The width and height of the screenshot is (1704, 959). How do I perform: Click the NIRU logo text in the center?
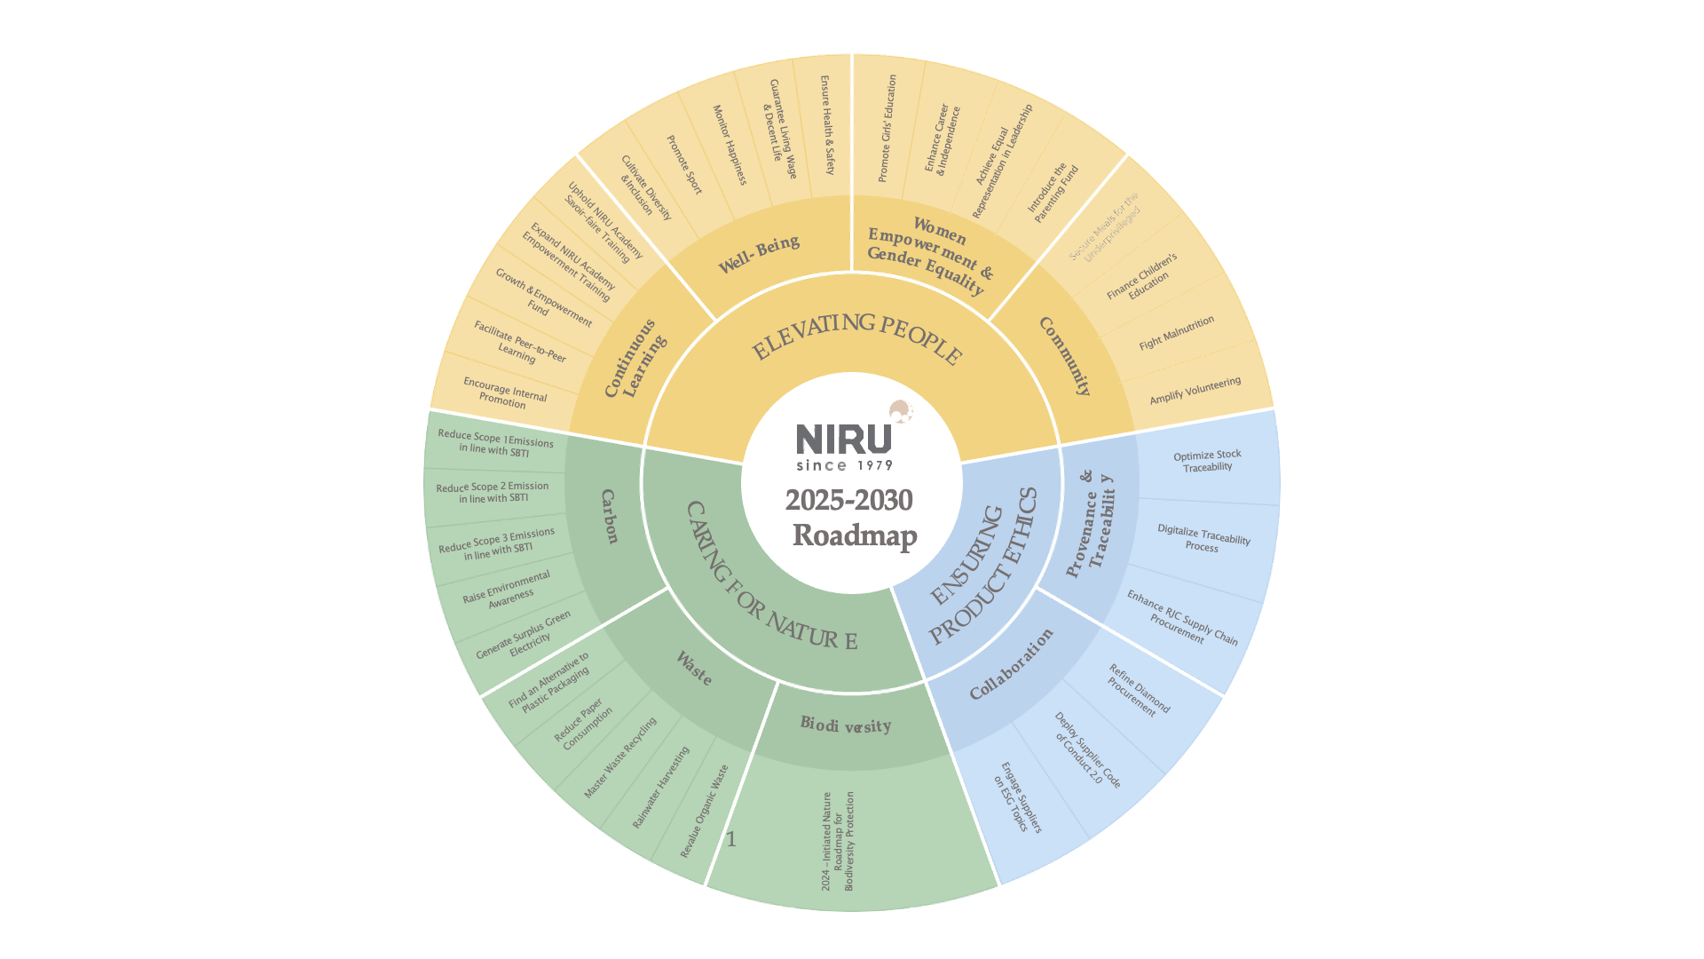coord(843,439)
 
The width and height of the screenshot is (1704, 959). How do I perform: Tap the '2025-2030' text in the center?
coord(848,501)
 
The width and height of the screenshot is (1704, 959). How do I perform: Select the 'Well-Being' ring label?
coord(759,254)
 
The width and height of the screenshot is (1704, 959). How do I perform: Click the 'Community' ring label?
coord(1065,355)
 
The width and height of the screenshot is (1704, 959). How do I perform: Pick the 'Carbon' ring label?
coord(609,516)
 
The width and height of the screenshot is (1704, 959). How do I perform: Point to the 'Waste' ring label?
coord(693,669)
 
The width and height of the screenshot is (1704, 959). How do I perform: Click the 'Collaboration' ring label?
coord(1012,664)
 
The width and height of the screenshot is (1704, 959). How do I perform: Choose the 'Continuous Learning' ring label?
coord(635,358)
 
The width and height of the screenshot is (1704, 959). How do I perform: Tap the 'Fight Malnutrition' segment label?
coord(1176,333)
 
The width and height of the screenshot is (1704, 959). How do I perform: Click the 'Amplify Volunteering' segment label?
coord(1195,391)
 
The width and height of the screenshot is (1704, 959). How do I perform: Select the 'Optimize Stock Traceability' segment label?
coord(1207,461)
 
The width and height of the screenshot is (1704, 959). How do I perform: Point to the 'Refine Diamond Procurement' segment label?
coord(1138,691)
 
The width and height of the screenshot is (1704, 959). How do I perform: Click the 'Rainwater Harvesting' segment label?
coord(660,788)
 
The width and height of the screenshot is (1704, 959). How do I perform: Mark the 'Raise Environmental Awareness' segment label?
coord(508,590)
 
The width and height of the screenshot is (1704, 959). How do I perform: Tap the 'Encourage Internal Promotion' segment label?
coord(504,392)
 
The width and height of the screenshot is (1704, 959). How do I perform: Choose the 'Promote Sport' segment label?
coord(684,165)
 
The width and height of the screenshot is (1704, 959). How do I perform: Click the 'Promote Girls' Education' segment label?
coord(887,129)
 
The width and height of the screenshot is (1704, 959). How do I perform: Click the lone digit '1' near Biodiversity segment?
coord(731,840)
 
